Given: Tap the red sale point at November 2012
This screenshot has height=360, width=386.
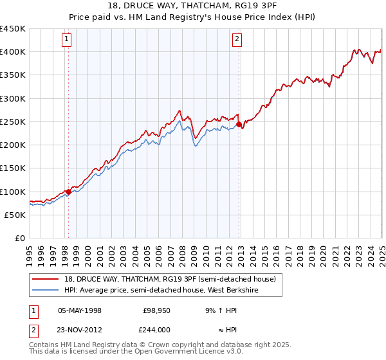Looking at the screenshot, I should point(239,125).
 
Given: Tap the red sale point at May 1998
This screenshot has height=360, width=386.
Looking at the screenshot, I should point(68,192).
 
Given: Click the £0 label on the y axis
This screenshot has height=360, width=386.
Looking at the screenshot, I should point(19,239).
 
